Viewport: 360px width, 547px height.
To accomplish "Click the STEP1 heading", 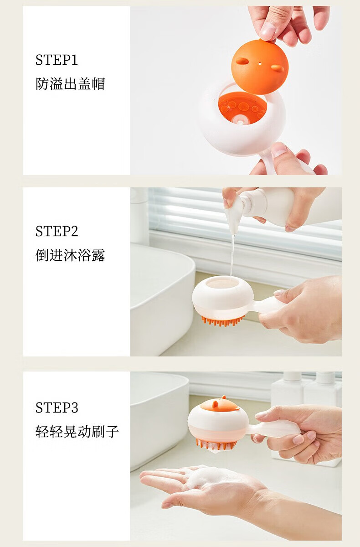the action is coord(57,60).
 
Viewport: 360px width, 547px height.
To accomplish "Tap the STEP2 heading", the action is coord(57,231).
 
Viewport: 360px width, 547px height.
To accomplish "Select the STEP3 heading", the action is coord(57,408).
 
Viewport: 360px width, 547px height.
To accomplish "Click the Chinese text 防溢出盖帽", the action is coord(70,84).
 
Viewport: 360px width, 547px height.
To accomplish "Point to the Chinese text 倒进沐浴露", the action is coord(70,255).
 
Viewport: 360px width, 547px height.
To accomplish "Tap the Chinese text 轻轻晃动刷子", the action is coord(77,431).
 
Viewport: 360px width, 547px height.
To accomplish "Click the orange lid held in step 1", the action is coord(260,67).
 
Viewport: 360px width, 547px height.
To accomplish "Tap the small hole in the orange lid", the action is coord(260,64).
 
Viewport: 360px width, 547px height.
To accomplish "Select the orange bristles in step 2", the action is coord(222,321).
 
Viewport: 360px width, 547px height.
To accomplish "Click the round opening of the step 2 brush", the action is coord(222,284).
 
